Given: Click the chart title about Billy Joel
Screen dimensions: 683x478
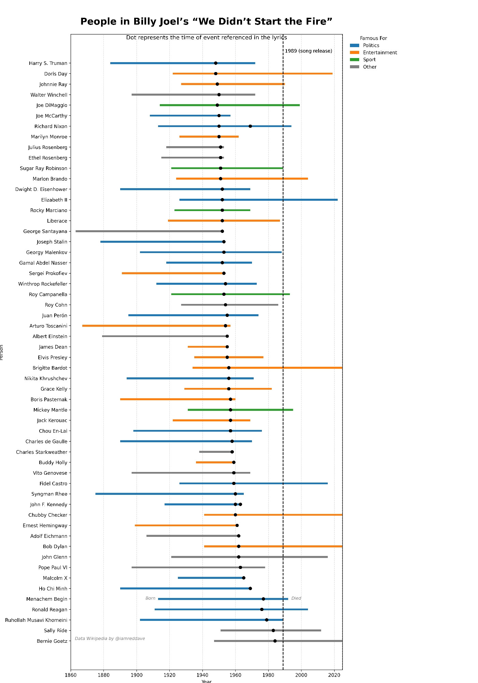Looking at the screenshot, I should [x=206, y=22].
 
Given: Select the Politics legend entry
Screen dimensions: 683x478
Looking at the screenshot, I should [x=371, y=45].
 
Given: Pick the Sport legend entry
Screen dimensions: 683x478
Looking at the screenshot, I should [x=369, y=59].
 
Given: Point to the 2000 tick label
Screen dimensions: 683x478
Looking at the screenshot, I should [x=301, y=675].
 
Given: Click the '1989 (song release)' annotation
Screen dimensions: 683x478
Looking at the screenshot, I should [x=308, y=51].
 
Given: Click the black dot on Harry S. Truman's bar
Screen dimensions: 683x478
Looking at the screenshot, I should [x=215, y=63].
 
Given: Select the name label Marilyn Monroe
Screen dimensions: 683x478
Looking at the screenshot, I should [x=49, y=137].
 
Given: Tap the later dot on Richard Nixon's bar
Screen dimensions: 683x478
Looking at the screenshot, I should [x=250, y=126].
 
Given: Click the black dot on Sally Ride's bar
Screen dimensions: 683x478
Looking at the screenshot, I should [x=273, y=630].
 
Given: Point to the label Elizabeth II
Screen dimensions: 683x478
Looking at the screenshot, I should [x=54, y=200].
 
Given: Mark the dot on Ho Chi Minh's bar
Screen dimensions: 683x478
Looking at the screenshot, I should [x=250, y=588].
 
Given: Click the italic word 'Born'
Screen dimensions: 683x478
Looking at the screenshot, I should [x=150, y=598].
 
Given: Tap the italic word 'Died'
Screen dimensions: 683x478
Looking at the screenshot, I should [x=296, y=598].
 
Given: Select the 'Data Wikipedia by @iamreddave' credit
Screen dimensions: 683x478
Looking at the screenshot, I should [x=110, y=639].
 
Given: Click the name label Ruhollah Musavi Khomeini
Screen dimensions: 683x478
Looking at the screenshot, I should [x=36, y=620].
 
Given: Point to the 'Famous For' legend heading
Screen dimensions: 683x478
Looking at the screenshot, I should [x=374, y=38].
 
